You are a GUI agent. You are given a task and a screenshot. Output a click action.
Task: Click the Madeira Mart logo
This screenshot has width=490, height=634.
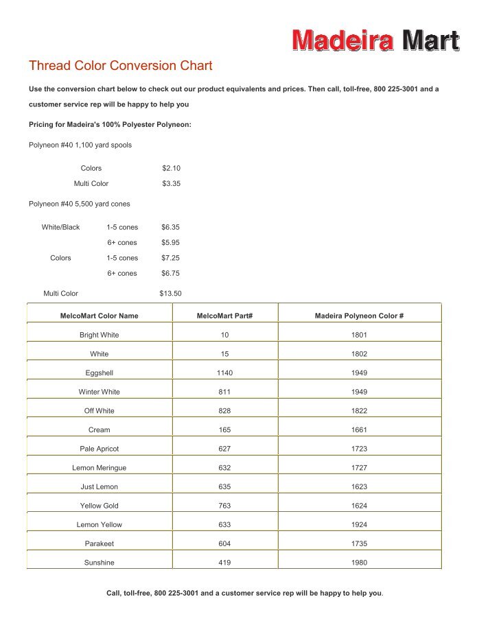click(x=375, y=40)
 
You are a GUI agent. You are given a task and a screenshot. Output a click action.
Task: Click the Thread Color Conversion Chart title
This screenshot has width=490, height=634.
click(x=121, y=66)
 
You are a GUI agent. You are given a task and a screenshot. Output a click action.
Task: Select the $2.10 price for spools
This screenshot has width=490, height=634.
click(x=171, y=168)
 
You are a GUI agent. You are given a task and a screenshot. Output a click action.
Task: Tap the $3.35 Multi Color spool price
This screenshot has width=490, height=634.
click(x=171, y=184)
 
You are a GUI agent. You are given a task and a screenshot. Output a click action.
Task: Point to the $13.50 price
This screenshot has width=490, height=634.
click(x=170, y=294)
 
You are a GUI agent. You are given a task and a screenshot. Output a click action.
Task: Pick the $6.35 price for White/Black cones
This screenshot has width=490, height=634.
click(x=170, y=227)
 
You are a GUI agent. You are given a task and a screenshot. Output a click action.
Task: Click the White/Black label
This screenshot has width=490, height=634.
click(x=60, y=227)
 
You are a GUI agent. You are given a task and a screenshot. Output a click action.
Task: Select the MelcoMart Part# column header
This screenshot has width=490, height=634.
click(x=224, y=316)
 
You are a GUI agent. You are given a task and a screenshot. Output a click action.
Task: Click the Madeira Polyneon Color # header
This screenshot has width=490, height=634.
click(x=359, y=316)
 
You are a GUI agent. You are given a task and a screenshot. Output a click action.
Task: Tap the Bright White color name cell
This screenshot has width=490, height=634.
click(x=99, y=335)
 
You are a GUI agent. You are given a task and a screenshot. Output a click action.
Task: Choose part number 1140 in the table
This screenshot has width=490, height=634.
click(x=224, y=373)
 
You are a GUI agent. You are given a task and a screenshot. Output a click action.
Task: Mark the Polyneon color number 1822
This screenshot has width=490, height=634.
click(x=359, y=411)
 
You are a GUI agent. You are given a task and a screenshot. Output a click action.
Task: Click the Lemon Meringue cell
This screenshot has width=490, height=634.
click(x=99, y=468)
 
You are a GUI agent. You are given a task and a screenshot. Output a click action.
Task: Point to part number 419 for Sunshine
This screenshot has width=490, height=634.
click(x=224, y=563)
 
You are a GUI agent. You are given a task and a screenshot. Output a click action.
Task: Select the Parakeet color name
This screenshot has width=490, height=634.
click(x=99, y=543)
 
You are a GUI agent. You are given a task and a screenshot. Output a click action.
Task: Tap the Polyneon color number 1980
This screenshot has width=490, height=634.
click(x=359, y=563)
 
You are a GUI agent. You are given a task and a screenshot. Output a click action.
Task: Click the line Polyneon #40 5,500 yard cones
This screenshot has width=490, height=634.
click(x=79, y=204)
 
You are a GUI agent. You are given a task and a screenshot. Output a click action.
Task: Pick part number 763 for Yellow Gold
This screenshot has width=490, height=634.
click(x=224, y=506)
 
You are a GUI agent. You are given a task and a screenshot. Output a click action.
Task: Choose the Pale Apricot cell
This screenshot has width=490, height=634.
click(x=99, y=449)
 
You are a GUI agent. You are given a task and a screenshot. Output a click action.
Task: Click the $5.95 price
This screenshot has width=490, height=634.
click(x=170, y=242)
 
